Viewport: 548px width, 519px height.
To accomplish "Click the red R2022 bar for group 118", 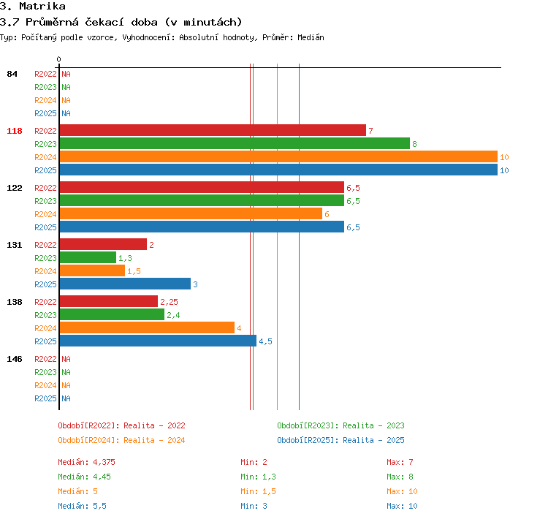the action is tap(213, 130).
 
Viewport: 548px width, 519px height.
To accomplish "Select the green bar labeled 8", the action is tap(235, 143).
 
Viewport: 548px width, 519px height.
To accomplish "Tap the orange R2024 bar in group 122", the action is tap(191, 213).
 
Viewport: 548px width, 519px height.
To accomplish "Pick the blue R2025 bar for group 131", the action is tap(126, 284).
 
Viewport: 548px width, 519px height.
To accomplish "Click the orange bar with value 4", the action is tap(147, 327).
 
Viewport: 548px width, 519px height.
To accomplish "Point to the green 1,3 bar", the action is tap(88, 257).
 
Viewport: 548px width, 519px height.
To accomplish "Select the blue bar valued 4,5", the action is tap(159, 341).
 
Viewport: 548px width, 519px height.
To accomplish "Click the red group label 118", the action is tap(15, 131).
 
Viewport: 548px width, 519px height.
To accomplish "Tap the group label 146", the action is tap(15, 359).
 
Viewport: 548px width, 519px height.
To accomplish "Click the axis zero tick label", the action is tap(58, 59).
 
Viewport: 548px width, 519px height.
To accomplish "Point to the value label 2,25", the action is tap(170, 302).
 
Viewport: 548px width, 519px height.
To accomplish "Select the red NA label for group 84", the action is tap(66, 74).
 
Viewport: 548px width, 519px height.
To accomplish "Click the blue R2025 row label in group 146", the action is tap(45, 398).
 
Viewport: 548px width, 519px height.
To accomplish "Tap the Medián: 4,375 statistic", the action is tap(86, 462).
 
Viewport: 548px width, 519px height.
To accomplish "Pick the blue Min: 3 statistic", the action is tap(254, 506).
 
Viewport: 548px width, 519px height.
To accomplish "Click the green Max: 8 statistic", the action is tap(400, 477).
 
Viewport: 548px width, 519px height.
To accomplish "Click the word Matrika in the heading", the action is tap(42, 7).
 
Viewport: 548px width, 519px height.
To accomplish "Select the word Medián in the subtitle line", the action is tap(311, 37).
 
